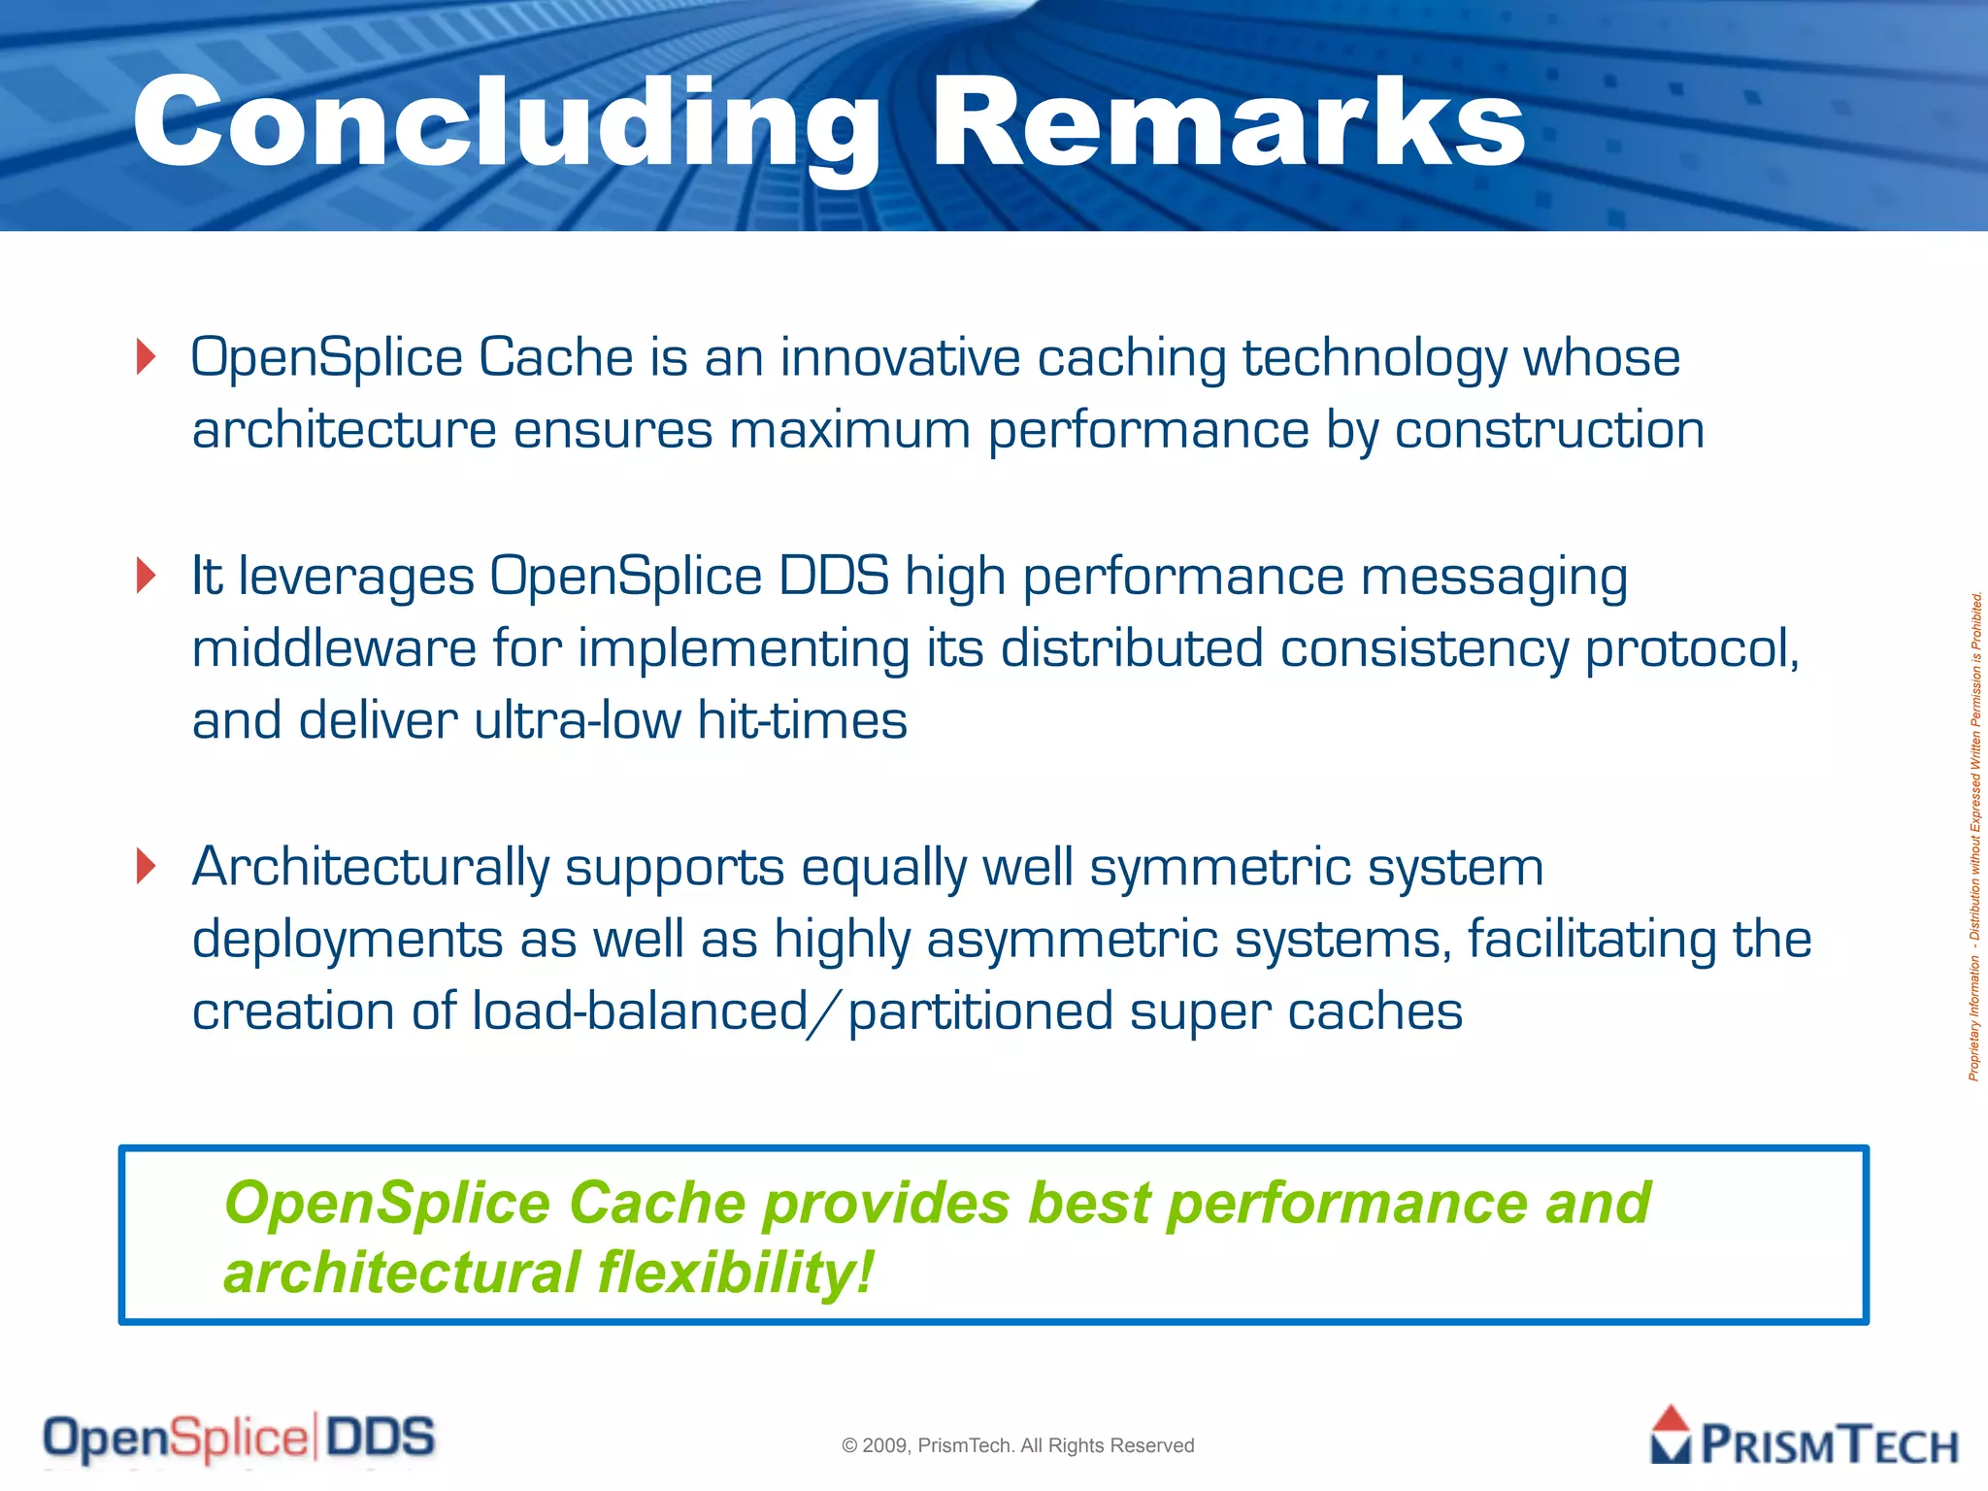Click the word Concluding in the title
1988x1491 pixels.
[x=505, y=124]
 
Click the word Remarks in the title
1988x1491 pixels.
[x=1228, y=124]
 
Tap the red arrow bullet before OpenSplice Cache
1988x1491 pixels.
[x=147, y=356]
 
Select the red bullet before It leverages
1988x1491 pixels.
[x=147, y=576]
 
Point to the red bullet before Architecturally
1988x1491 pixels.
[x=147, y=866]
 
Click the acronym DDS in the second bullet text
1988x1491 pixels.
[x=834, y=576]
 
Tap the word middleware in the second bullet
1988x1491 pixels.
[x=334, y=648]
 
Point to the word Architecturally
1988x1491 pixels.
[x=370, y=867]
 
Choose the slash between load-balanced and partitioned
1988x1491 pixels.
[x=828, y=1011]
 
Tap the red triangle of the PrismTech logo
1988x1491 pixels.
[x=1671, y=1420]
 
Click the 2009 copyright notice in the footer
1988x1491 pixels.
[x=1017, y=1445]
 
